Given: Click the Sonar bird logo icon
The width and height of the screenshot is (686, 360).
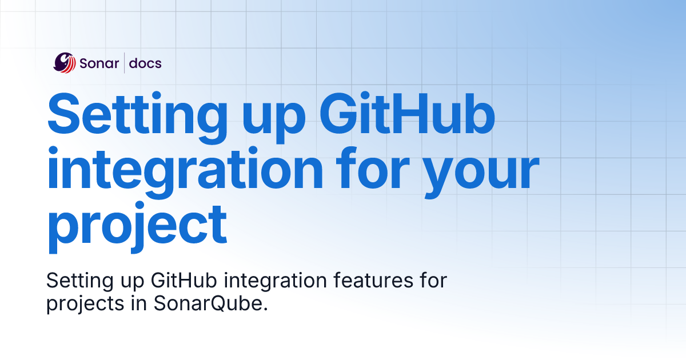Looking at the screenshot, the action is [64, 63].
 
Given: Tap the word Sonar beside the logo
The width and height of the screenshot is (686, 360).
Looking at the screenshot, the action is [99, 63].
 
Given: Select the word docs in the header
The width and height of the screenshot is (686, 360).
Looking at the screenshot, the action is [145, 63].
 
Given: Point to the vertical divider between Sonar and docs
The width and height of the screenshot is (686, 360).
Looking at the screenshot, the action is [125, 63].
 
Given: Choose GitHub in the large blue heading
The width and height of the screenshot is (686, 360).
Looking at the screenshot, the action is [407, 113].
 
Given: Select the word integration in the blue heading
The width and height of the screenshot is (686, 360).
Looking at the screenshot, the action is [185, 172].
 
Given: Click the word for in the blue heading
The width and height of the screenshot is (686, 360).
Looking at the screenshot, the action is [373, 168].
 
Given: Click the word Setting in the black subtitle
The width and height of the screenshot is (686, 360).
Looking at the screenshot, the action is [80, 281].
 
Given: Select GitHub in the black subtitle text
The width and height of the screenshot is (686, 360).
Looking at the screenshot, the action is [184, 280].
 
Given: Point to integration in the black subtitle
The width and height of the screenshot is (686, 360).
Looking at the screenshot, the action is [276, 281].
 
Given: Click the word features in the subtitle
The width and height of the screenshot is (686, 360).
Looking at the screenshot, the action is [373, 280].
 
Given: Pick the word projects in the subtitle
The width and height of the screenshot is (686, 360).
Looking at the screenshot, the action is [85, 304].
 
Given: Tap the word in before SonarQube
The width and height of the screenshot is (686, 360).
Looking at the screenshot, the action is [139, 303].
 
